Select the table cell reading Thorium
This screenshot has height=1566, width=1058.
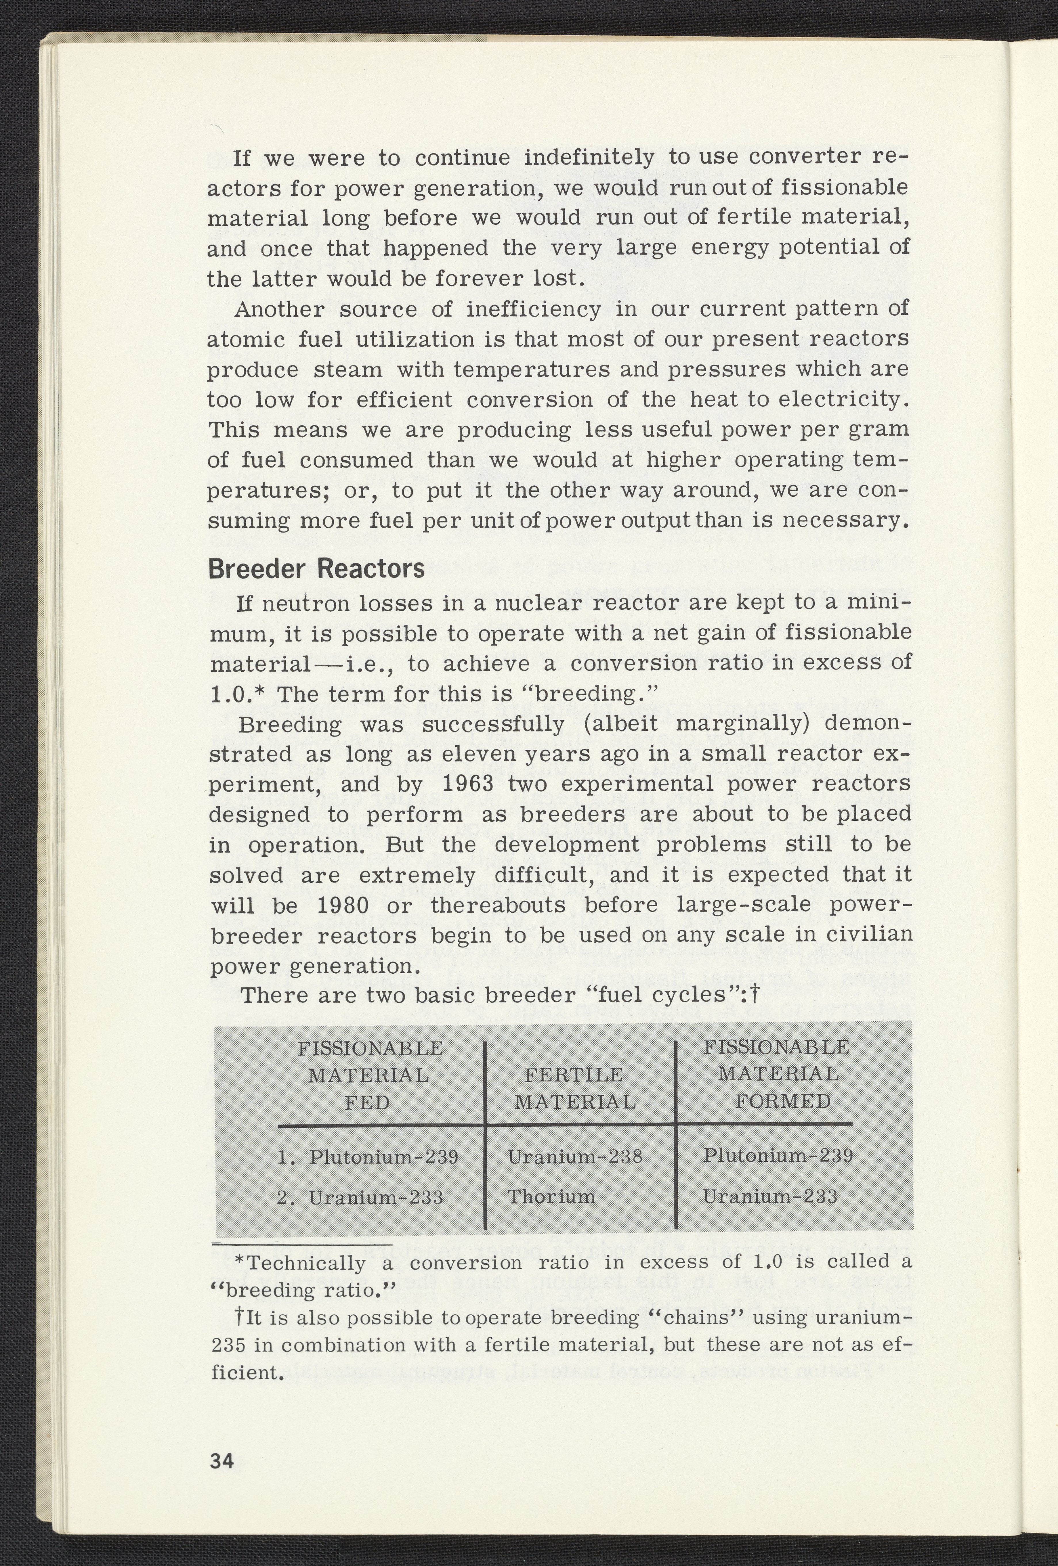tap(551, 1197)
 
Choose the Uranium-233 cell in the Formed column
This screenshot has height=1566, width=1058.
tap(769, 1197)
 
